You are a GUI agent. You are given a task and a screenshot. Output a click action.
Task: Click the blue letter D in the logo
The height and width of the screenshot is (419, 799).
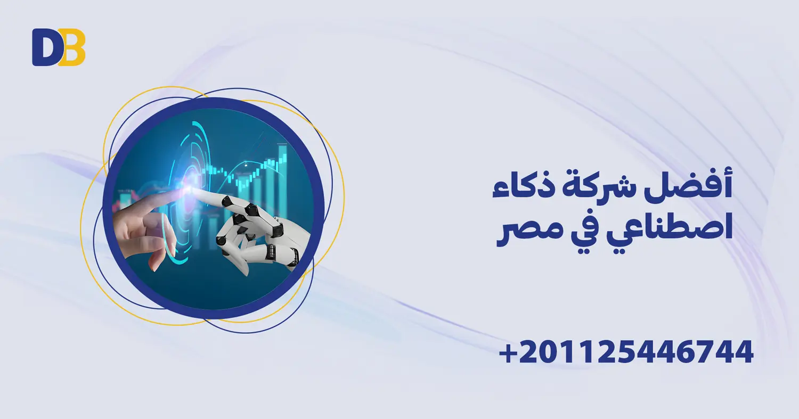click(x=45, y=47)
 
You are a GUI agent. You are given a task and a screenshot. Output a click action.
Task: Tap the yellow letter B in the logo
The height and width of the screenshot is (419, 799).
click(x=71, y=47)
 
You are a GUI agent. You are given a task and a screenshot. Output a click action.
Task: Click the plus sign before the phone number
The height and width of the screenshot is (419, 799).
click(x=508, y=353)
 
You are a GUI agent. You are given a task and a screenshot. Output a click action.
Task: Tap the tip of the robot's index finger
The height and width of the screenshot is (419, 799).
click(x=198, y=193)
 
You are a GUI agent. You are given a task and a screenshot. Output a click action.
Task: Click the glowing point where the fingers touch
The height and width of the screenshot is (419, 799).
click(x=190, y=187)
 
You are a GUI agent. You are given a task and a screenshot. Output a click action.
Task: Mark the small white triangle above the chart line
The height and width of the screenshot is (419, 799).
click(x=246, y=167)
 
